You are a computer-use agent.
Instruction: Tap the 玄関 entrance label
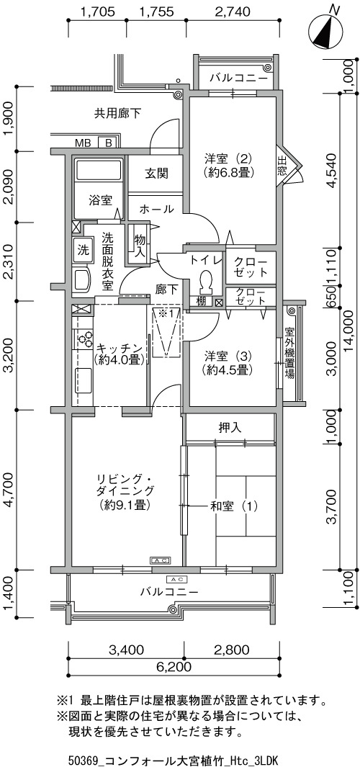[156, 174]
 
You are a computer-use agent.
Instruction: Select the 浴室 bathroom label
[101, 200]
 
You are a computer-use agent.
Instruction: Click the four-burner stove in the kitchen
[86, 338]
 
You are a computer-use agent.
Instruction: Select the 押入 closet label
[230, 428]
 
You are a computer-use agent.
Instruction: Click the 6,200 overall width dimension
[174, 667]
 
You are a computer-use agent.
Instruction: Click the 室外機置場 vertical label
[289, 354]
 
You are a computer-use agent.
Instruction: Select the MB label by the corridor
[83, 143]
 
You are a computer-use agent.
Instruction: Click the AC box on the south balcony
[176, 580]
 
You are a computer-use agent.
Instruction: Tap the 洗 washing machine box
[83, 249]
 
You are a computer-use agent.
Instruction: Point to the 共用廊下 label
[118, 114]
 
